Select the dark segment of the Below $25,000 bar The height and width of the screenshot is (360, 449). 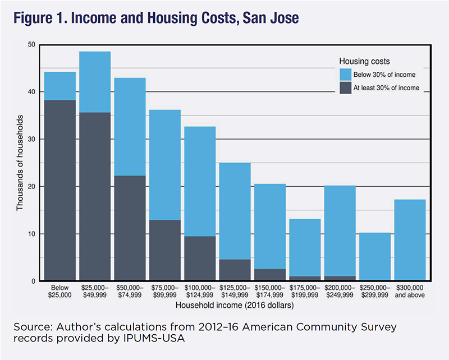click(59, 191)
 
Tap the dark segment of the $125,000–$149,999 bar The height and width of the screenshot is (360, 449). click(235, 270)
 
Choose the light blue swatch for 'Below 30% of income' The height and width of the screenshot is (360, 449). click(347, 74)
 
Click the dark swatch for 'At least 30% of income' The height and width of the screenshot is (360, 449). click(347, 87)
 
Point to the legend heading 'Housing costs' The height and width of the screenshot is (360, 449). click(364, 61)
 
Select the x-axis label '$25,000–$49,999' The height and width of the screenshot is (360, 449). click(95, 290)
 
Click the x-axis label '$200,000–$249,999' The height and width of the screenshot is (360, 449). click(340, 290)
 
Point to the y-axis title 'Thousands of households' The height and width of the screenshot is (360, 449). click(20, 163)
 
